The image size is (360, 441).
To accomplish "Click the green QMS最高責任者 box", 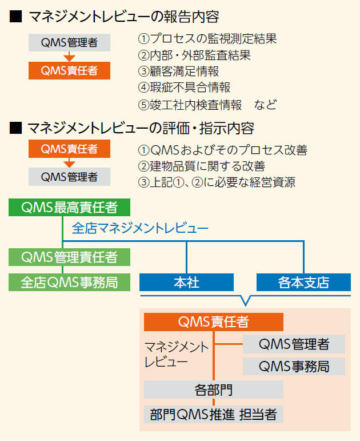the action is [69, 207].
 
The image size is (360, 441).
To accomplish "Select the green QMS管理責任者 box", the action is [69, 257].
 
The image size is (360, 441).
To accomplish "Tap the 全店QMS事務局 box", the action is [69, 282].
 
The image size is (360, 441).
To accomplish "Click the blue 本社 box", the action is [186, 282].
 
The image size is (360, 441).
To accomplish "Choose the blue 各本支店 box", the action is [303, 282].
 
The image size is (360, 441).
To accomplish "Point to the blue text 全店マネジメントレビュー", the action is [140, 228].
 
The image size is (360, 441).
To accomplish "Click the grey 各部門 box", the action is [214, 390].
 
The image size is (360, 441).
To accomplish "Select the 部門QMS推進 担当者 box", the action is [214, 414].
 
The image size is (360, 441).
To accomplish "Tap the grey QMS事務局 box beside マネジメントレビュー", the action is [294, 366].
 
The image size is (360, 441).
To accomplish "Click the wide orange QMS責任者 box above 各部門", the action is [214, 322].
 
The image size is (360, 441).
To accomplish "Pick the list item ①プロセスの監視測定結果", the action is [207, 39].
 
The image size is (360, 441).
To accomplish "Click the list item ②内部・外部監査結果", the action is [194, 55].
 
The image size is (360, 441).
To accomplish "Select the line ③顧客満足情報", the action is [178, 71].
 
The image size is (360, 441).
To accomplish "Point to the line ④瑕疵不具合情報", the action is [184, 88].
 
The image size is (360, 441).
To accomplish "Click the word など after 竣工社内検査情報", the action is [265, 105].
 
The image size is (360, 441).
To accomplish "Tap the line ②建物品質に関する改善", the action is [202, 166].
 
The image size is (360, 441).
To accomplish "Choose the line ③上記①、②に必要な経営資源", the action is [217, 182].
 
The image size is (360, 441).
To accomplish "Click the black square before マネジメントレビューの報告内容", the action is [16, 17].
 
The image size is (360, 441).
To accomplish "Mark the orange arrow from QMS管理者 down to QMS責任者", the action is [69, 56].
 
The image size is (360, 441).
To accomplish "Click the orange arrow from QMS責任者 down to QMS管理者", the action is [69, 162].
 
